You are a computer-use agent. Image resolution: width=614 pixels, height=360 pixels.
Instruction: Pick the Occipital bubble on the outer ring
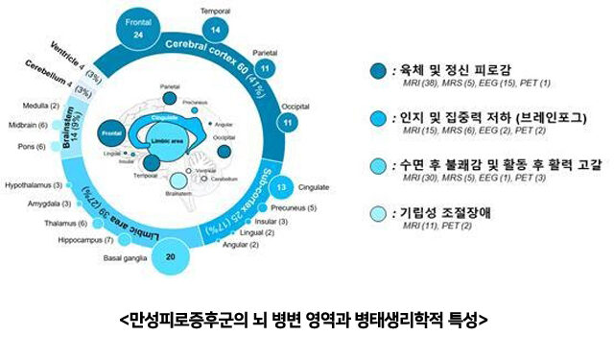click(286, 122)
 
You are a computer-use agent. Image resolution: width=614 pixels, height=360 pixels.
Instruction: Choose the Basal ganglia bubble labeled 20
click(169, 255)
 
